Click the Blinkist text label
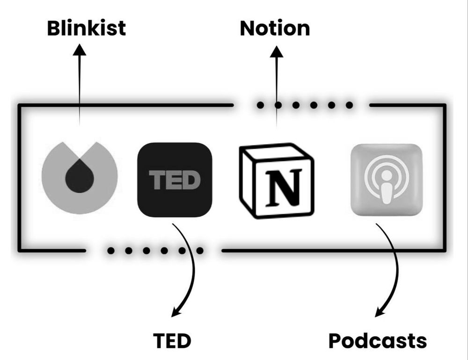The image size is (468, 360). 87,28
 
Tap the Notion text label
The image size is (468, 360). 275,28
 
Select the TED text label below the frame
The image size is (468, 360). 172,341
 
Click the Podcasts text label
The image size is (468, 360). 377,341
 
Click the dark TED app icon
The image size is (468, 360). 175,180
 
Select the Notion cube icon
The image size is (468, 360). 276,181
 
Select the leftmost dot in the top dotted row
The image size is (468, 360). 260,105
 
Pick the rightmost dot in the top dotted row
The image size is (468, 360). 349,105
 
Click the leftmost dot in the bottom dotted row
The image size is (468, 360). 111,251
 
